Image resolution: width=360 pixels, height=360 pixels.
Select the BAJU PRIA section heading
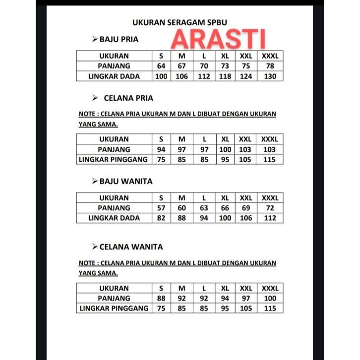(x=119, y=39)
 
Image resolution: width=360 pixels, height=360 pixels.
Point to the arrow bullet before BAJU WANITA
(x=95, y=181)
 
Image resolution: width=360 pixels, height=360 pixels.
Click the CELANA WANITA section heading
(x=131, y=246)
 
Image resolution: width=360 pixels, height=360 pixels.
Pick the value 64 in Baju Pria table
(x=161, y=66)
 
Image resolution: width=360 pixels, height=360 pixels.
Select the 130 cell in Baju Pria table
(x=270, y=76)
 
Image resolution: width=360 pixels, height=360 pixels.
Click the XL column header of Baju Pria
(x=225, y=56)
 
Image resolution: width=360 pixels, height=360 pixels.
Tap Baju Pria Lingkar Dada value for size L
(x=204, y=76)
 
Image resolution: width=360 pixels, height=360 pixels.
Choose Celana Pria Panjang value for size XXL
(x=245, y=149)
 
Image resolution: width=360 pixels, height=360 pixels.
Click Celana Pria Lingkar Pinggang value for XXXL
(x=270, y=159)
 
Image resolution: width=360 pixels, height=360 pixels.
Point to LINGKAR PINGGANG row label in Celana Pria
(x=114, y=159)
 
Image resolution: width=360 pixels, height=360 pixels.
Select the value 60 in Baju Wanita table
(x=182, y=208)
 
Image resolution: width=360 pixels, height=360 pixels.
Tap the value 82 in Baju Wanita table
(x=161, y=218)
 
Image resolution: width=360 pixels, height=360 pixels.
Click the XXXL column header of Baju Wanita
(x=270, y=198)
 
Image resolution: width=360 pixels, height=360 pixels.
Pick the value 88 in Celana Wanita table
(x=161, y=298)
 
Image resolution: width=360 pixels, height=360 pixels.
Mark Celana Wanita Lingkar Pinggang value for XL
(x=225, y=308)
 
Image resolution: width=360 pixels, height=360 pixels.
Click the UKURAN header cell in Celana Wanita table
(x=114, y=288)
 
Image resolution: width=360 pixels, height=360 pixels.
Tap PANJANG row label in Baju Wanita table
(x=114, y=208)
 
